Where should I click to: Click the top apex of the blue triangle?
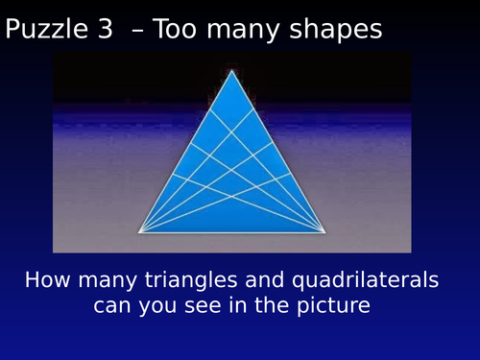pyautogui.click(x=231, y=70)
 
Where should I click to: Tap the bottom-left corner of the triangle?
pyautogui.click(x=140, y=231)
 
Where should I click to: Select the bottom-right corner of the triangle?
pyautogui.click(x=324, y=231)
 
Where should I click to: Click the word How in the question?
pyautogui.click(x=45, y=281)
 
